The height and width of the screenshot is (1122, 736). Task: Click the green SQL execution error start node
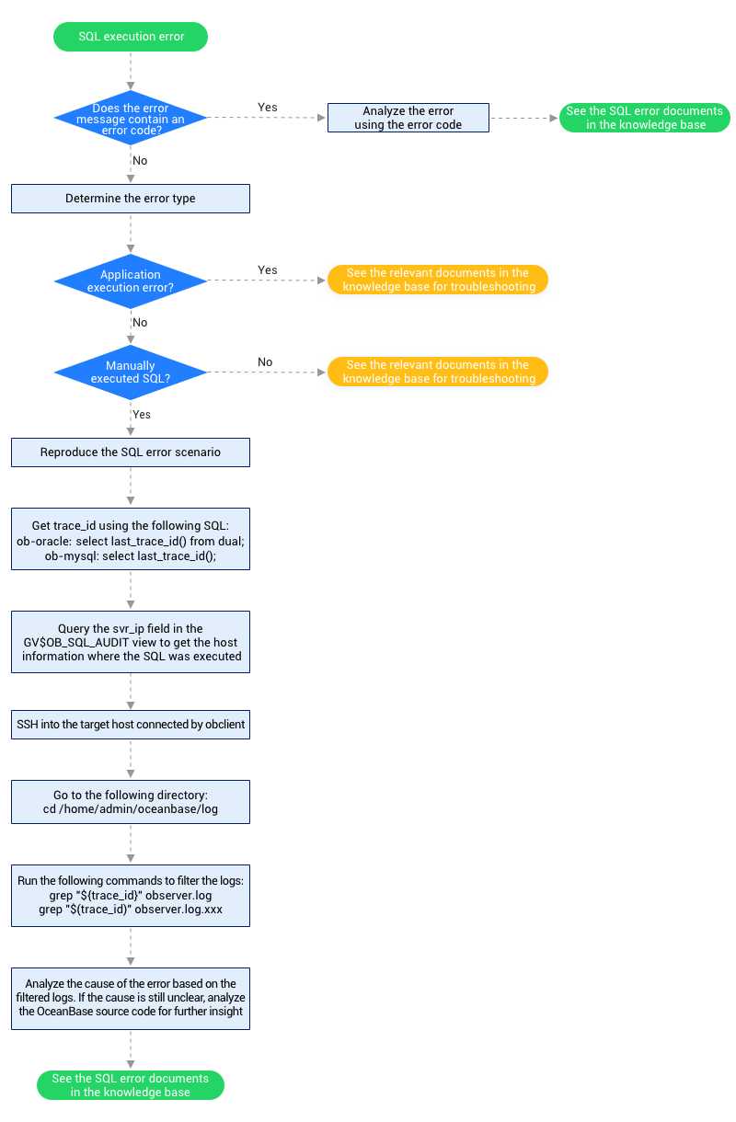pyautogui.click(x=131, y=37)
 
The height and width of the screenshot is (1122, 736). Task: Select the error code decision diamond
pyautogui.click(x=131, y=118)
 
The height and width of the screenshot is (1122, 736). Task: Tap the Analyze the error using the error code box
pyautogui.click(x=408, y=118)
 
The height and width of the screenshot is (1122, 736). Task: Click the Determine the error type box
pyautogui.click(x=131, y=199)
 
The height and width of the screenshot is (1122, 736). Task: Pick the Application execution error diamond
pyautogui.click(x=131, y=281)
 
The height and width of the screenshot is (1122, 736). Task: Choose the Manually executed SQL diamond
pyautogui.click(x=131, y=372)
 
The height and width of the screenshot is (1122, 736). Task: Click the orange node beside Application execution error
pyautogui.click(x=438, y=280)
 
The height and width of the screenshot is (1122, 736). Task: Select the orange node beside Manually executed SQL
pyautogui.click(x=438, y=372)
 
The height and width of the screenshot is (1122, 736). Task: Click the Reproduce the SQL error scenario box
pyautogui.click(x=131, y=452)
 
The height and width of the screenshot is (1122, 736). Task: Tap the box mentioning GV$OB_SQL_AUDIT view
pyautogui.click(x=131, y=642)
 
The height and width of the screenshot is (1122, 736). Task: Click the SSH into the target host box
pyautogui.click(x=131, y=724)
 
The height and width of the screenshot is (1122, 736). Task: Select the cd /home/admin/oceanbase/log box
pyautogui.click(x=131, y=801)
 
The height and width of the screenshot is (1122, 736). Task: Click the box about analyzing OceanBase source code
pyautogui.click(x=131, y=998)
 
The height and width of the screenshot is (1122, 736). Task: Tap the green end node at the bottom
pyautogui.click(x=131, y=1085)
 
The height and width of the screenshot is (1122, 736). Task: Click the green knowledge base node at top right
pyautogui.click(x=644, y=118)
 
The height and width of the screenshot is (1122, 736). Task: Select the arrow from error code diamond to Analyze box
pyautogui.click(x=267, y=118)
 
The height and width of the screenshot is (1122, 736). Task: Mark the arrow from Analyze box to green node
pyautogui.click(x=523, y=118)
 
